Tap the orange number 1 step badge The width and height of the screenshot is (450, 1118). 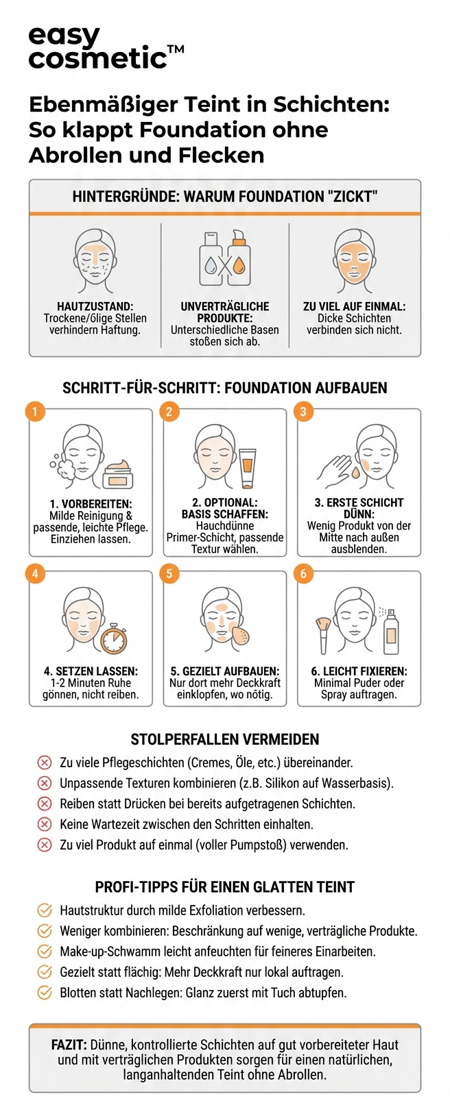click(35, 412)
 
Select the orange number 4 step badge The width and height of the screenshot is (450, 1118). click(35, 573)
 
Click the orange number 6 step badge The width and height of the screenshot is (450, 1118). click(303, 573)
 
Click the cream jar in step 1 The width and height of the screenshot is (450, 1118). click(117, 475)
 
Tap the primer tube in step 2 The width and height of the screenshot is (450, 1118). click(246, 469)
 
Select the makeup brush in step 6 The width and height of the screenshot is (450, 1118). click(322, 634)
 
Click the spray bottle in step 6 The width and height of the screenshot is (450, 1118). click(390, 631)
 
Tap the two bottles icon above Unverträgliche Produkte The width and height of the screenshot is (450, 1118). click(224, 259)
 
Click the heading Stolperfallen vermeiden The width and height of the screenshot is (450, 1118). click(224, 739)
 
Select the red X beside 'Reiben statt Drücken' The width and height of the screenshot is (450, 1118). click(45, 804)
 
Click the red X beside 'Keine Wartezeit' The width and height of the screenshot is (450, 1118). click(45, 824)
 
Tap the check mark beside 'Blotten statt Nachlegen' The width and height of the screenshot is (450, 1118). click(45, 993)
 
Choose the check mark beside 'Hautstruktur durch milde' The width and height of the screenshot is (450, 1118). click(45, 910)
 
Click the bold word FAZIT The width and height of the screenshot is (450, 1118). click(69, 1045)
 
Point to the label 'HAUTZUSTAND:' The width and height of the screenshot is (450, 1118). click(95, 307)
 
